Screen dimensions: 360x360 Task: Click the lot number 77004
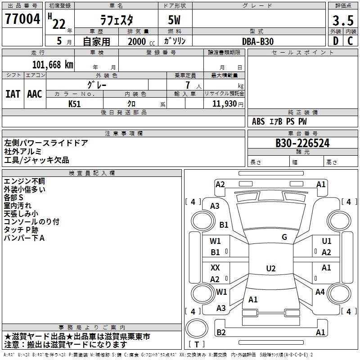tap(22, 20)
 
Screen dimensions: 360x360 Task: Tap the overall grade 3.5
tap(342, 21)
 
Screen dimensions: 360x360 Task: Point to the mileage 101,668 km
tap(53, 65)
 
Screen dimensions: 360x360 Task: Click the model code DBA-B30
tap(258, 41)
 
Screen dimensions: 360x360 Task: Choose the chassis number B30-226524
tap(302, 144)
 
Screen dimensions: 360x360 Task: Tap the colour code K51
tap(75, 104)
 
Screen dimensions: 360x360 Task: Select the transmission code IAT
tap(13, 94)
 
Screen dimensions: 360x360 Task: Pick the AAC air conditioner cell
tap(35, 94)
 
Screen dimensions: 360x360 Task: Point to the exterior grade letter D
tap(335, 41)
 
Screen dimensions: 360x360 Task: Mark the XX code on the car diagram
tap(215, 268)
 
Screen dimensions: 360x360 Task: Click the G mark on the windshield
tap(284, 237)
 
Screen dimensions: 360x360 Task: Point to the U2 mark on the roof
tap(270, 269)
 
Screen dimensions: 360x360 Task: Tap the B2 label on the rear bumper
tap(221, 333)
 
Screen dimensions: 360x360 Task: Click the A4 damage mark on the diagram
tap(320, 292)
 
